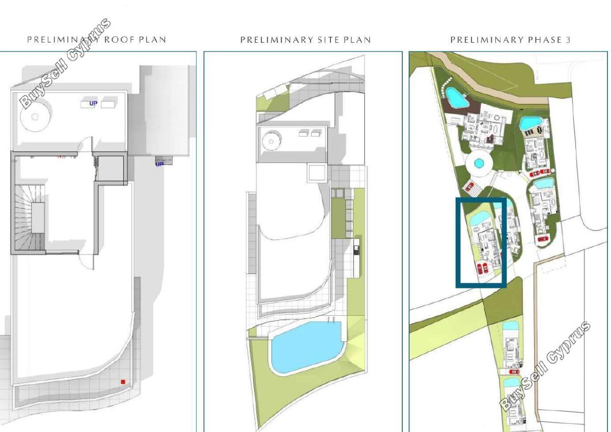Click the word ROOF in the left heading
coord(120,40)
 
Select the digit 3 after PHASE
coord(568,40)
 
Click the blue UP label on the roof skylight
coord(93,103)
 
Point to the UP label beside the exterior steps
coord(159,164)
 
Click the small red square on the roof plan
coord(123,382)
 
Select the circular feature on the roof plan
coord(35,117)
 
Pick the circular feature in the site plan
coord(271,141)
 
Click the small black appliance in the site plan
coord(356,250)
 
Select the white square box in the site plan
coord(317,173)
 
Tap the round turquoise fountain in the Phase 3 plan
coord(479,163)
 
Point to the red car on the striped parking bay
coord(469,187)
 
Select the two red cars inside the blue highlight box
coord(483,268)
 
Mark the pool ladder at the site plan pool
coord(331,319)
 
